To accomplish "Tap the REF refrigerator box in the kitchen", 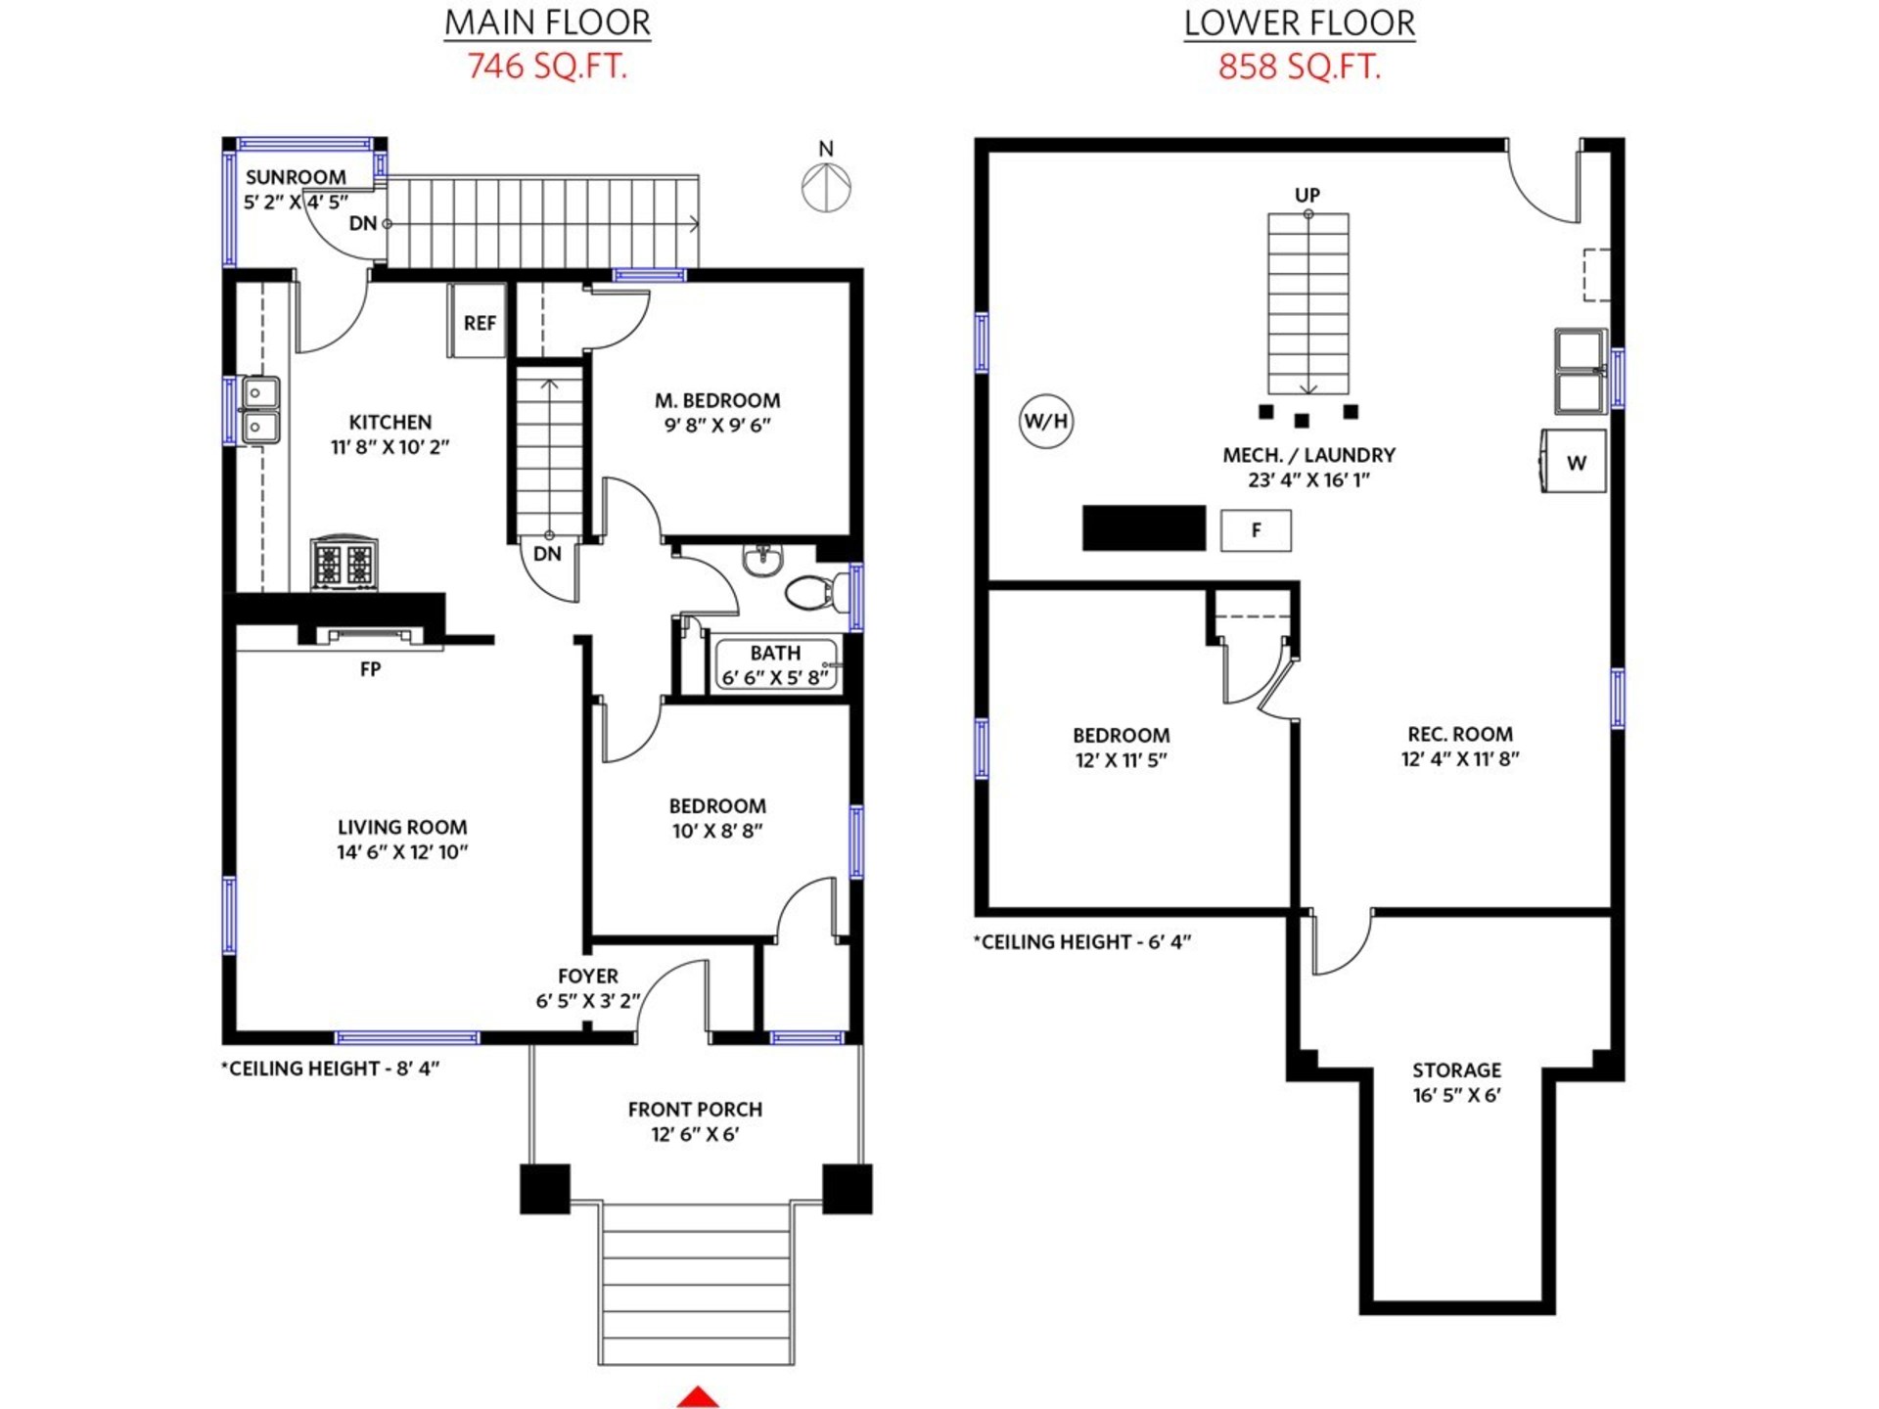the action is point(478,321).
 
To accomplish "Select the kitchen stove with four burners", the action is point(344,563).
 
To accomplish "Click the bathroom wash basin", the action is point(762,560).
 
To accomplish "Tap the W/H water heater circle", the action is point(1045,421).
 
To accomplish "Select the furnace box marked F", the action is point(1256,530).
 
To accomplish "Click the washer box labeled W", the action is point(1574,461).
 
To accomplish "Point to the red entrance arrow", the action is point(698,1397).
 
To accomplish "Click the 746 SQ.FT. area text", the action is point(547,67).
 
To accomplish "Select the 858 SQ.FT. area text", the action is point(1300,67).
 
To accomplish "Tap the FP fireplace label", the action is point(370,669).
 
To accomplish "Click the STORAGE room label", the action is point(1456,1070).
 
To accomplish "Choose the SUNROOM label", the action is point(296,177).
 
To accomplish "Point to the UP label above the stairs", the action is point(1307,195).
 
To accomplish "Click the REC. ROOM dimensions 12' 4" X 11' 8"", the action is point(1460,758).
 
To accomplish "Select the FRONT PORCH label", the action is point(695,1110).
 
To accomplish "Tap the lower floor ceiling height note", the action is point(1082,942).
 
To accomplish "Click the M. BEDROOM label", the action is point(717,400).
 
